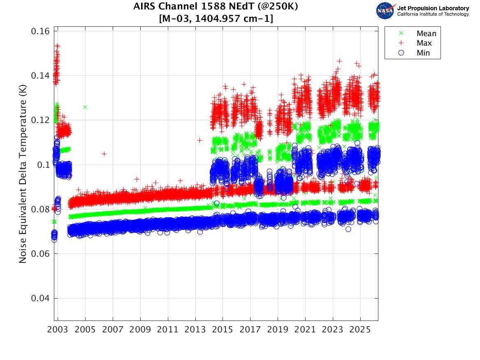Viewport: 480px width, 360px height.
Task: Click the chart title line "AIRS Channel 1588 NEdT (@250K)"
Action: [216, 7]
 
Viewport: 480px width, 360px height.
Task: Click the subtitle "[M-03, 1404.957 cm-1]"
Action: [216, 19]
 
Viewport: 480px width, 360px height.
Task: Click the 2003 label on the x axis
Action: [58, 330]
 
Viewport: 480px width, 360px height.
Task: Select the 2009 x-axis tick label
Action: [140, 330]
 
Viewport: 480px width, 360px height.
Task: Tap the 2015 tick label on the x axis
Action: [223, 330]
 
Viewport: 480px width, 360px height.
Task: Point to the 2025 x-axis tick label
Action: [360, 330]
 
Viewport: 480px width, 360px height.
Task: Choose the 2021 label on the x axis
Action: [305, 330]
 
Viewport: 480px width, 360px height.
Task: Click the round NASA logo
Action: [385, 11]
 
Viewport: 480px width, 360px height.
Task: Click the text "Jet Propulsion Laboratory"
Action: [433, 8]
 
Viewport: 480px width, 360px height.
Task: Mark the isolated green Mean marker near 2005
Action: [85, 107]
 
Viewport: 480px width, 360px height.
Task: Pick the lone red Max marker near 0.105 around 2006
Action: [104, 154]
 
